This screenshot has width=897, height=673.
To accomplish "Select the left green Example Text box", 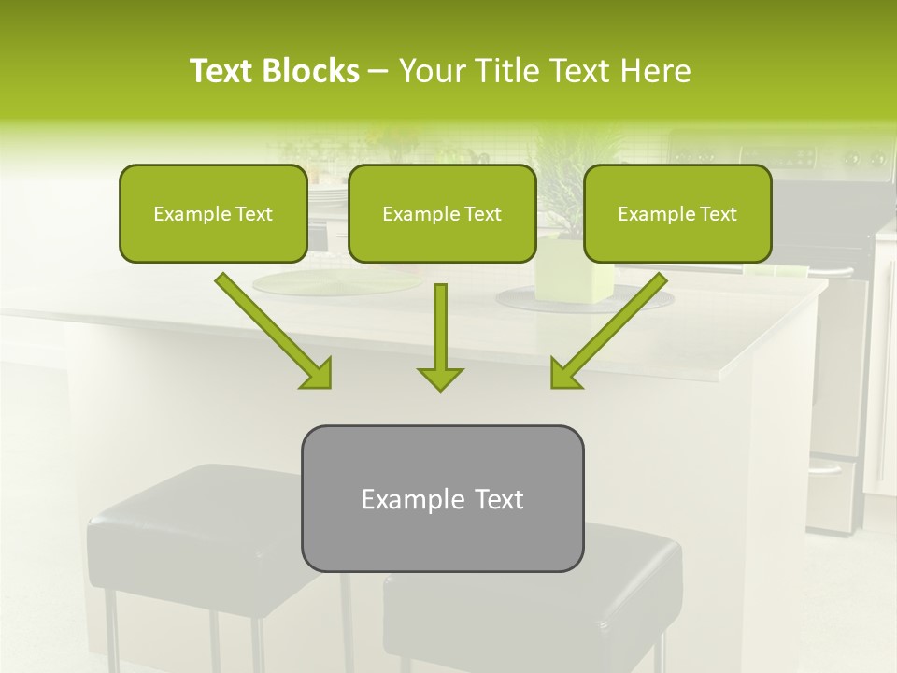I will coord(213,213).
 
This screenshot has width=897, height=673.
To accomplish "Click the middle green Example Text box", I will coord(442,213).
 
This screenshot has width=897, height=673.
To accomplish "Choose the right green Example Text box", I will coord(677,213).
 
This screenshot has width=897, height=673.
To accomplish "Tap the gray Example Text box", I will coord(442,498).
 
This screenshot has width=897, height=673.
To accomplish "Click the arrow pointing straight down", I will coord(440,336).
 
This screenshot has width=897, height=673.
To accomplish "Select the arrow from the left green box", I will coord(273,330).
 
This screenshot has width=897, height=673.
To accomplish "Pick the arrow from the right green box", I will coord(608,330).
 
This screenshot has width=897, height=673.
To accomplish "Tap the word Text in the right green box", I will coord(719,214).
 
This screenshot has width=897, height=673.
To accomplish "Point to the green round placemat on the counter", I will coord(299,282).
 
